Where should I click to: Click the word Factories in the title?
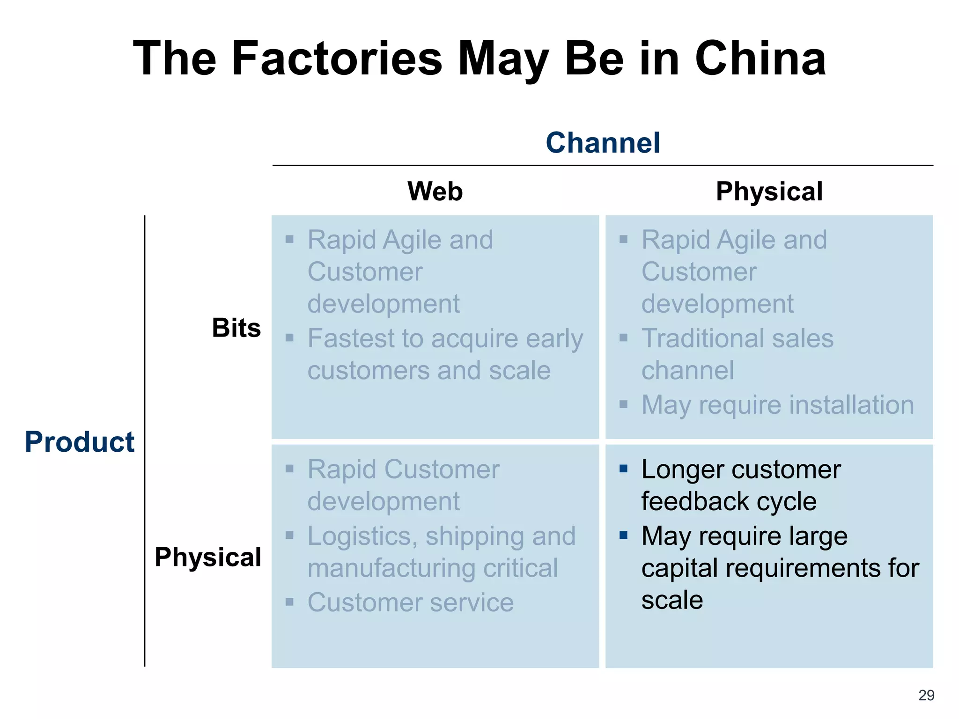click(x=337, y=58)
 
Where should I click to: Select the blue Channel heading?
click(x=603, y=142)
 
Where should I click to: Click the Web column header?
click(x=435, y=191)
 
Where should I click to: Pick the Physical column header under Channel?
click(x=769, y=191)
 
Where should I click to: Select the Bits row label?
click(x=236, y=328)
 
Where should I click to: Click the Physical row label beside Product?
click(x=208, y=557)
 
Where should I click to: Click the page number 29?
click(x=926, y=695)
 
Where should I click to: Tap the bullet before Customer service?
click(x=289, y=602)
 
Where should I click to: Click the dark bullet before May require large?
click(x=623, y=536)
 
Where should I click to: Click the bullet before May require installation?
click(x=623, y=404)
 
